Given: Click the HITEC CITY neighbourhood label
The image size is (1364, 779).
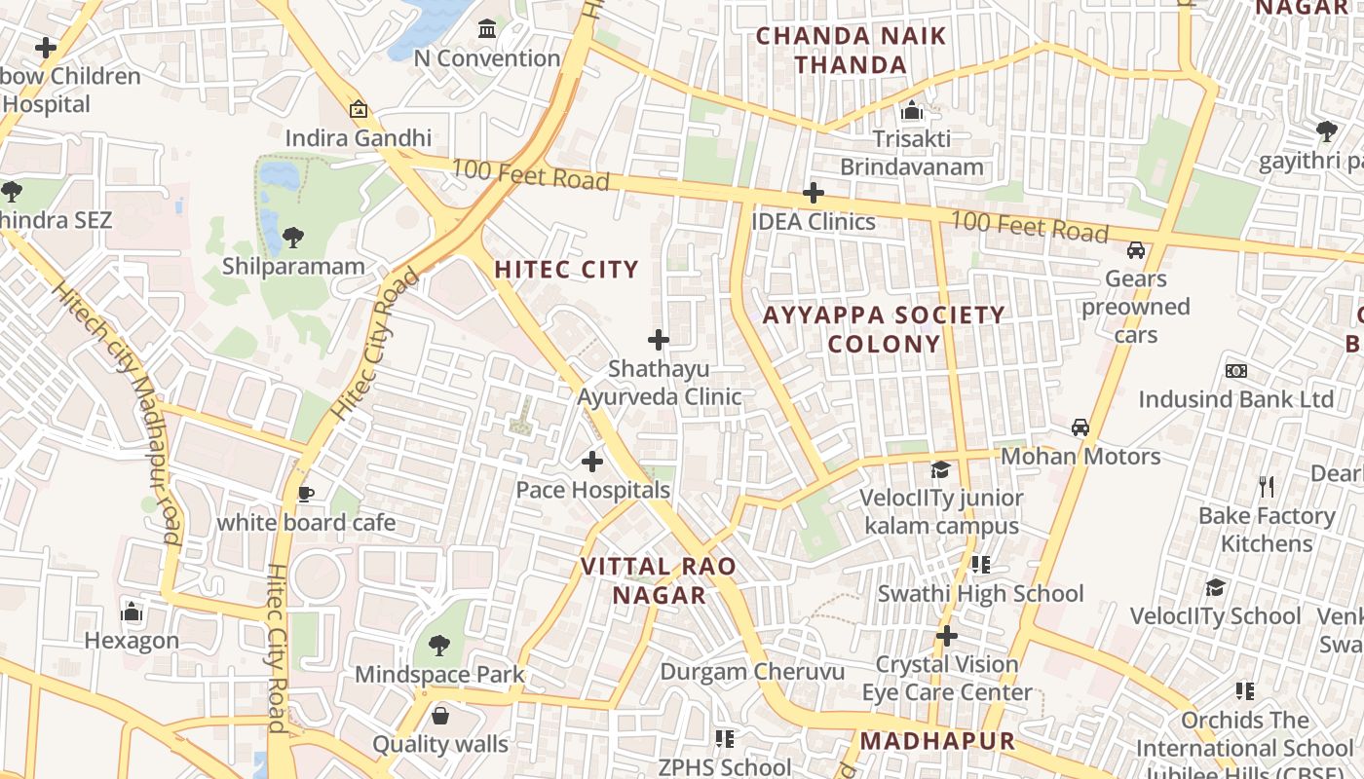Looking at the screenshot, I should point(566,270).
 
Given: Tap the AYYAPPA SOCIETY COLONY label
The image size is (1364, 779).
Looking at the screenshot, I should point(884,329).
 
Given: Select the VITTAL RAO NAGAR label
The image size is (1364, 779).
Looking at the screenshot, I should point(658,580).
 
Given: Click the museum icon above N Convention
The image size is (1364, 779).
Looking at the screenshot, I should point(487,29).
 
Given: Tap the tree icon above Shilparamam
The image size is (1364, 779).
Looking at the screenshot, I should point(292,237).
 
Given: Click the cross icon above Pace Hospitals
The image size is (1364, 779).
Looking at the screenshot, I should point(592,461).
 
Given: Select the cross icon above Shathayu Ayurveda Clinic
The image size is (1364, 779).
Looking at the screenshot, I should point(659,340).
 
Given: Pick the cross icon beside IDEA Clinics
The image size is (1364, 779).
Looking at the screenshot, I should point(813,193).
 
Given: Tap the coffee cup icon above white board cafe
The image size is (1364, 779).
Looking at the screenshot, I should point(306,494).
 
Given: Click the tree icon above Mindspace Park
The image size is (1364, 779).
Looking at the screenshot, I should point(439,645).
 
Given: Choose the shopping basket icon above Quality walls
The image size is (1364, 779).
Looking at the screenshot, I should point(440,717).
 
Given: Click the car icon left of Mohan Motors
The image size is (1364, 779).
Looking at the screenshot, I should point(1080,427).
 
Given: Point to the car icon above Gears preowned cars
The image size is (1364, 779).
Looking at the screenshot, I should point(1135,250).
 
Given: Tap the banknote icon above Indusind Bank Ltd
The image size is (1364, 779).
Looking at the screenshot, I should point(1236,371).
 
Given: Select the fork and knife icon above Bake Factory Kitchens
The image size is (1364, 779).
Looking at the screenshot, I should point(1267,487).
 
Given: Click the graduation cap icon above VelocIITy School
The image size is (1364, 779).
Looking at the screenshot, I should point(1215,587).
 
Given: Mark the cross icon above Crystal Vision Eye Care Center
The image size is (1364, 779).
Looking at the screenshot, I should point(946,636).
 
